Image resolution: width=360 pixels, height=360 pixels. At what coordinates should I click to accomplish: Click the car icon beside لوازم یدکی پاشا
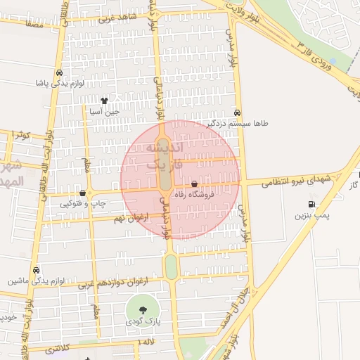pos(59,72)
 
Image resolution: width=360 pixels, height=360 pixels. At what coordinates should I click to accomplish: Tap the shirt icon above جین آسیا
pos(105,101)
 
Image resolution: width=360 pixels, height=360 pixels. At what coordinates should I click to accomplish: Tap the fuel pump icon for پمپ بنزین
pos(311,205)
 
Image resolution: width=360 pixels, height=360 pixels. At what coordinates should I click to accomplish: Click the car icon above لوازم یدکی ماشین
pos(35,270)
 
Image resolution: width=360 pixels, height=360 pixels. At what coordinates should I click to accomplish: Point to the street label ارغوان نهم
pos(129,219)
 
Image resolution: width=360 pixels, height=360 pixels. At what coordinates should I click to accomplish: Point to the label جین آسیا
pos(105,111)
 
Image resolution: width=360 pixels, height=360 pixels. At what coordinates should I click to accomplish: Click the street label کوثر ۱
pos(22,134)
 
